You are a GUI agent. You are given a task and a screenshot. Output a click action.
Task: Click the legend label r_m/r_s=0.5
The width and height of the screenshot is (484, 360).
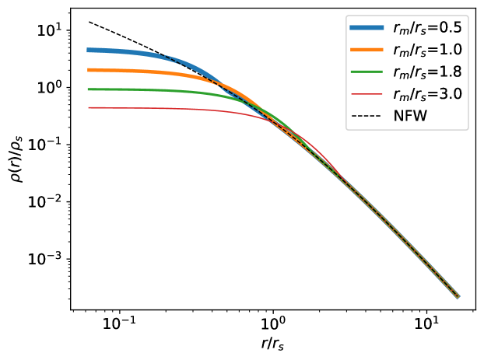pyautogui.click(x=427, y=28)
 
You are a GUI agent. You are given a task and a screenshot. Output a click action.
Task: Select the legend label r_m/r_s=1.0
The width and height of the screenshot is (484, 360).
pyautogui.click(x=427, y=50)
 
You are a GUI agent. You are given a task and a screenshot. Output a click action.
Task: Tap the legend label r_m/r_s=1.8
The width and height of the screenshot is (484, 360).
pyautogui.click(x=427, y=72)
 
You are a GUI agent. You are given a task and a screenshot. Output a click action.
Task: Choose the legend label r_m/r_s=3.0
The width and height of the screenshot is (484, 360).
pyautogui.click(x=427, y=94)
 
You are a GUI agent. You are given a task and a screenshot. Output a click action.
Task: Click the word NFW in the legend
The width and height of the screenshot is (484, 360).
pyautogui.click(x=410, y=116)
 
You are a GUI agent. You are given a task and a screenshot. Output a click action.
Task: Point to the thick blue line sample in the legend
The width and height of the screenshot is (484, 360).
pyautogui.click(x=367, y=28)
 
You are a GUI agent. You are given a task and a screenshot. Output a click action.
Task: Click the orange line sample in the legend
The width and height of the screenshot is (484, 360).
pyautogui.click(x=367, y=50)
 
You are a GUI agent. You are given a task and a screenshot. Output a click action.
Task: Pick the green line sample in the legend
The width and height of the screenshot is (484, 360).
pyautogui.click(x=367, y=72)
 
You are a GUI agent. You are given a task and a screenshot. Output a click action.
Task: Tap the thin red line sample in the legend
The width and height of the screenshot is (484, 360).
pyautogui.click(x=367, y=94)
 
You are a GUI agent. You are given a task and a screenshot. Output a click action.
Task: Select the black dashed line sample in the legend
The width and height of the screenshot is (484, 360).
pyautogui.click(x=367, y=116)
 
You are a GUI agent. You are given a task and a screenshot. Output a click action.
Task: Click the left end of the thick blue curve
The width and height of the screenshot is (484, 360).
pyautogui.click(x=88, y=50)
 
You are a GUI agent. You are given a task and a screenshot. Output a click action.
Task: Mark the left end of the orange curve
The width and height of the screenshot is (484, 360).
pyautogui.click(x=88, y=70)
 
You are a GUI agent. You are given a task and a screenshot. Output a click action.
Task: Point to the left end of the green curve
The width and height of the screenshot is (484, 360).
pyautogui.click(x=88, y=89)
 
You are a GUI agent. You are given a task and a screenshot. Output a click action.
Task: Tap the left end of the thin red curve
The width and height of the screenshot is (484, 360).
pyautogui.click(x=88, y=107)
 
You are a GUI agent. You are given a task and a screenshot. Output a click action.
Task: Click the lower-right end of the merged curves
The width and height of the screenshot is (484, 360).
pyautogui.click(x=458, y=296)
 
